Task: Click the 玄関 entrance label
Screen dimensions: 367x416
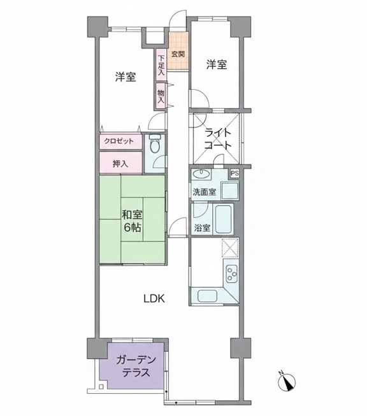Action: click(178, 54)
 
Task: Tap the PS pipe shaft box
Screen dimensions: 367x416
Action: click(234, 174)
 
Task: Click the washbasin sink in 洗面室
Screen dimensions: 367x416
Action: click(201, 174)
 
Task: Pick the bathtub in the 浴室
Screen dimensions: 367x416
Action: click(224, 219)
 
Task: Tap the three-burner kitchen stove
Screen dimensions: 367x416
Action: click(231, 274)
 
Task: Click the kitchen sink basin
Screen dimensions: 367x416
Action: click(208, 296)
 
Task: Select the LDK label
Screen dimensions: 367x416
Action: click(154, 299)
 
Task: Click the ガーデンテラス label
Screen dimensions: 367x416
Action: click(136, 367)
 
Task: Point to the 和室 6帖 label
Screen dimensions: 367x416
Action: click(132, 220)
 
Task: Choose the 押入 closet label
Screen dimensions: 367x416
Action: click(120, 164)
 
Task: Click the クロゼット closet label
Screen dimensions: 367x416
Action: click(119, 141)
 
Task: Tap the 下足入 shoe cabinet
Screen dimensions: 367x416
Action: click(161, 65)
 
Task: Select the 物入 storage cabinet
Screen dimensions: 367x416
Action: click(161, 96)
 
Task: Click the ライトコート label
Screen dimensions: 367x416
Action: click(218, 139)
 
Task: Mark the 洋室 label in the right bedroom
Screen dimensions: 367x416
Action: click(217, 65)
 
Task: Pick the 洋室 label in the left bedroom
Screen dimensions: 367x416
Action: click(126, 77)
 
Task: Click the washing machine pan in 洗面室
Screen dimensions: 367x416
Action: click(230, 190)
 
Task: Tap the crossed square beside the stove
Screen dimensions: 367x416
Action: click(230, 248)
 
